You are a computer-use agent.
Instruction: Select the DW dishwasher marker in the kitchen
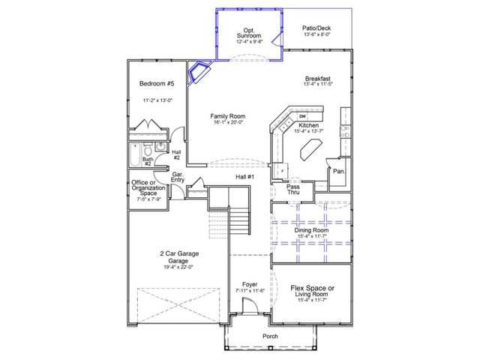302,117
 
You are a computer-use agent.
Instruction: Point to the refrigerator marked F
281,170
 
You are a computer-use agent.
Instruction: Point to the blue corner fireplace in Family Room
199,73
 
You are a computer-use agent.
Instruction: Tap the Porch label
270,337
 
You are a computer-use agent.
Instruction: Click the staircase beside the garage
238,222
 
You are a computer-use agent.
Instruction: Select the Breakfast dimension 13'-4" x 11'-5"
318,85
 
